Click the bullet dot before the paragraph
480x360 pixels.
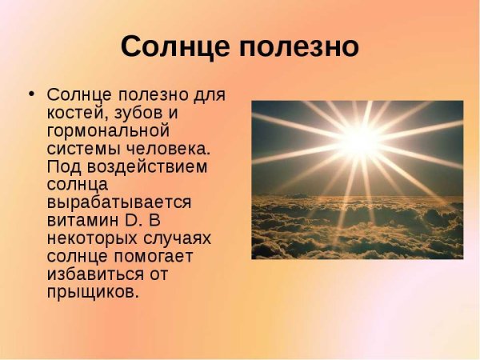pyautogui.click(x=32, y=94)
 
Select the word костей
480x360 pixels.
pyautogui.click(x=77, y=112)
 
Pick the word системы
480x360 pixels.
pyautogui.click(x=82, y=149)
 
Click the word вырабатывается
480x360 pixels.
pyautogui.click(x=118, y=203)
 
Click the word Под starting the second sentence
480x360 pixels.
pyautogui.click(x=62, y=167)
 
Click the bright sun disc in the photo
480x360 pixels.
pyautogui.click(x=362, y=140)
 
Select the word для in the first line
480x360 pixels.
pyautogui.click(x=210, y=94)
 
